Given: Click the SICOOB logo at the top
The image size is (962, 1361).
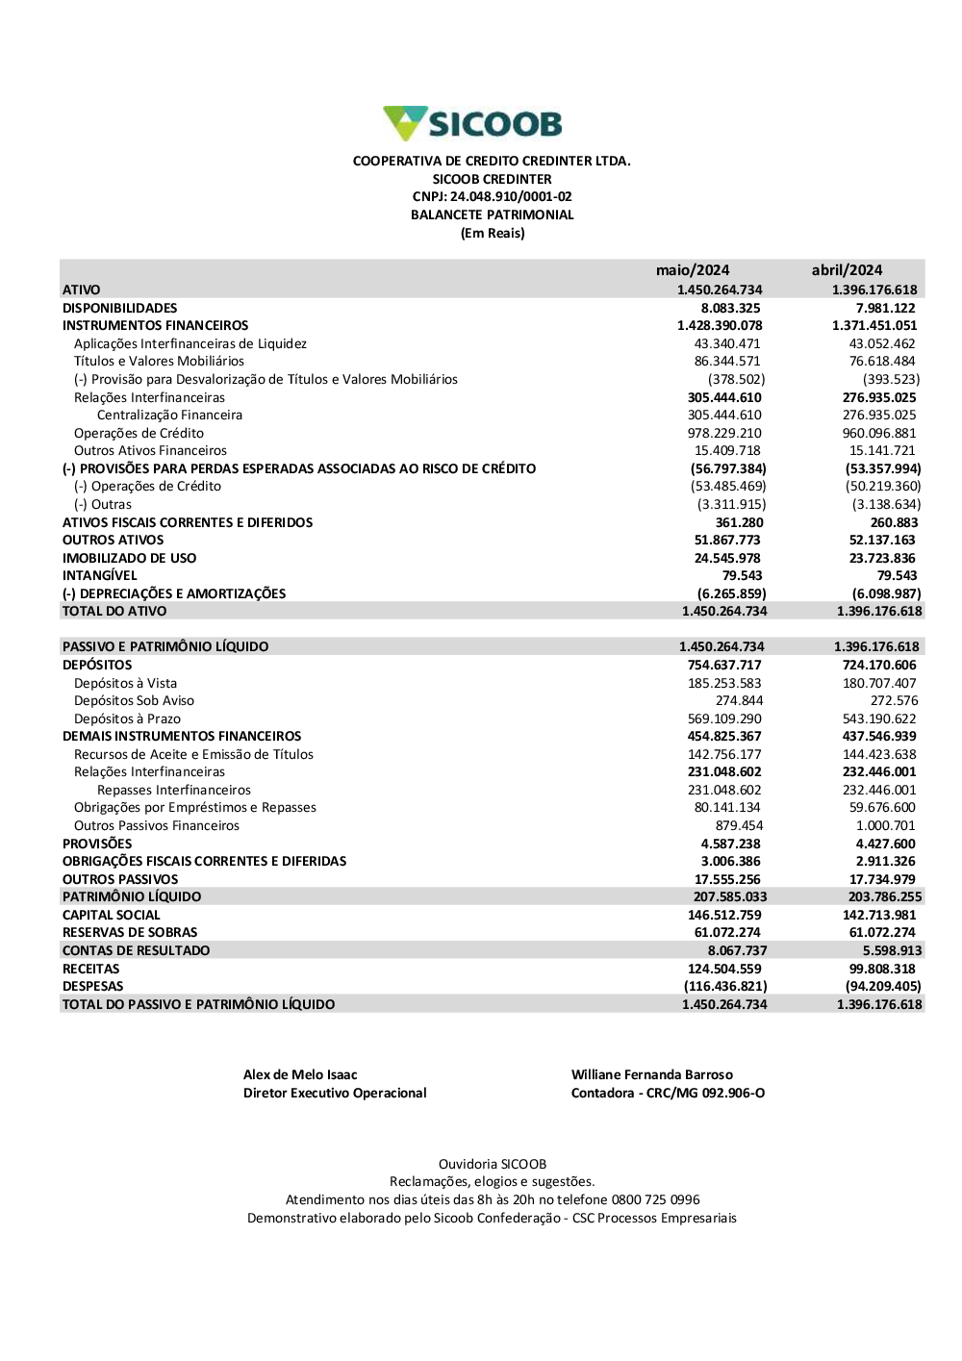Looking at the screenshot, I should coord(472,124).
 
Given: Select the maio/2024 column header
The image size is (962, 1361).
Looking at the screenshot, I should coord(693,270).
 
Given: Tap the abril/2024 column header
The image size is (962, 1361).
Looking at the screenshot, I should coord(847,270).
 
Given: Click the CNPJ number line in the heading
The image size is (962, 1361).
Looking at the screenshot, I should coord(492,197).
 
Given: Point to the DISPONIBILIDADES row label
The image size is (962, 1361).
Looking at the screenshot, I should coord(120,308).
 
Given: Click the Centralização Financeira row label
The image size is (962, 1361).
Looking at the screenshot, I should coord(169,416).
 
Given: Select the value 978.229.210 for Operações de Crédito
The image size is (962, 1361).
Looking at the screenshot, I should coord(727,433).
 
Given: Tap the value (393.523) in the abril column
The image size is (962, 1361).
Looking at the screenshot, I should coord(891,380).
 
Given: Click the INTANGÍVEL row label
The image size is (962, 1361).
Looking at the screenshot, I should coord(100,576).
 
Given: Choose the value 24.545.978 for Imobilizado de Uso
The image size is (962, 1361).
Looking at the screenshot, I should coord(727,558).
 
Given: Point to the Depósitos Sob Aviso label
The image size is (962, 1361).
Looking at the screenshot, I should coord(134,701).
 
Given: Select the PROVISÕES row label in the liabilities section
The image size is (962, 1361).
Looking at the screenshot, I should coord(97,844).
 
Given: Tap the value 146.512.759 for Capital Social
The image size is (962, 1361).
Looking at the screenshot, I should coord(724,915).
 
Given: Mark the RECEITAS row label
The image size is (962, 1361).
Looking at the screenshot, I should coord(91,969).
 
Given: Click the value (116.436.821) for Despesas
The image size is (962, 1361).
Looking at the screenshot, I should coord(725,986).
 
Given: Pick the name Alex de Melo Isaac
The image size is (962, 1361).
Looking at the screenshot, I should coord(300,1075).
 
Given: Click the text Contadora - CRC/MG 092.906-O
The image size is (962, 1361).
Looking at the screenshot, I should coord(668,1094).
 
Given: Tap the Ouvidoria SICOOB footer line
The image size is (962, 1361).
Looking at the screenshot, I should coord(492,1164).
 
